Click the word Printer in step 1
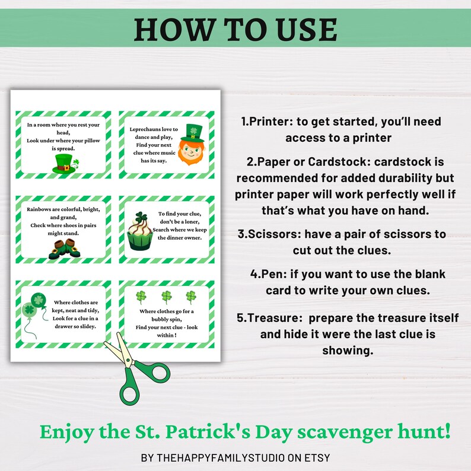(270, 121)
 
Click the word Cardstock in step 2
(333, 162)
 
